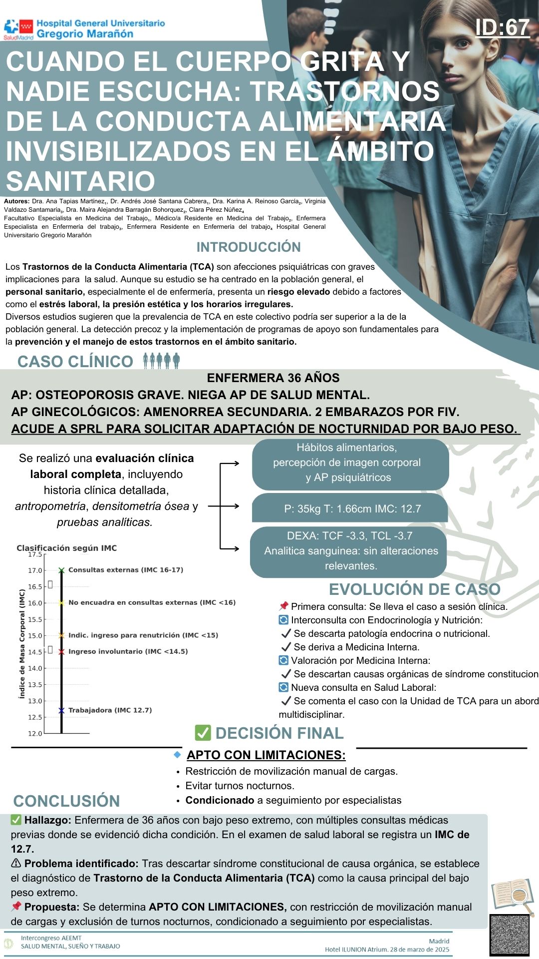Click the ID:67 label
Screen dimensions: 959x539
[502, 27]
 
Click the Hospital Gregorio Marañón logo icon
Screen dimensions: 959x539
[18, 29]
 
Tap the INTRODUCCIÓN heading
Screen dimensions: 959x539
[249, 247]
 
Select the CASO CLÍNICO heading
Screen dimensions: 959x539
[75, 361]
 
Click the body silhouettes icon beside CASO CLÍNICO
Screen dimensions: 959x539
[161, 360]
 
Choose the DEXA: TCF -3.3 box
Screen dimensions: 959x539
[349, 550]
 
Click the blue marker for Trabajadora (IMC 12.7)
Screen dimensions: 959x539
[61, 710]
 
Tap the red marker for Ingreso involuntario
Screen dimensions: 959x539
[61, 652]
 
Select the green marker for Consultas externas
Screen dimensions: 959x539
[61, 570]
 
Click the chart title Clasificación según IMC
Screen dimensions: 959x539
[67, 548]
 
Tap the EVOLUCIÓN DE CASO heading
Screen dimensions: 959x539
[414, 589]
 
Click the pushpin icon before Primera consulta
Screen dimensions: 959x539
[283, 606]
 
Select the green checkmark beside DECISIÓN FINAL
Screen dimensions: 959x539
[203, 733]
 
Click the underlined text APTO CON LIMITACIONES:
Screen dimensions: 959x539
[266, 755]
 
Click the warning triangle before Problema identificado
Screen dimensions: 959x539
[16, 863]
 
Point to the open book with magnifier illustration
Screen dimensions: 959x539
[512, 896]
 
